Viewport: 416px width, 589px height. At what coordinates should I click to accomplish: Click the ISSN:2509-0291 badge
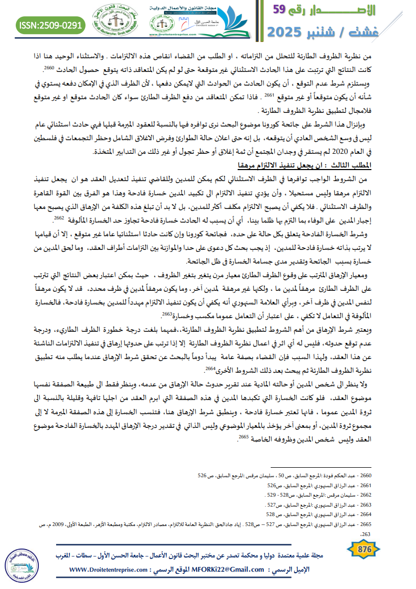[50, 25]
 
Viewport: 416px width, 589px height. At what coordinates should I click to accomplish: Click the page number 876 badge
[364, 549]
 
